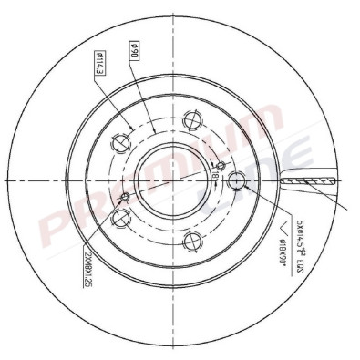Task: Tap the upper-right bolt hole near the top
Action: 190,119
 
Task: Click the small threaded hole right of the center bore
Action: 216,165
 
